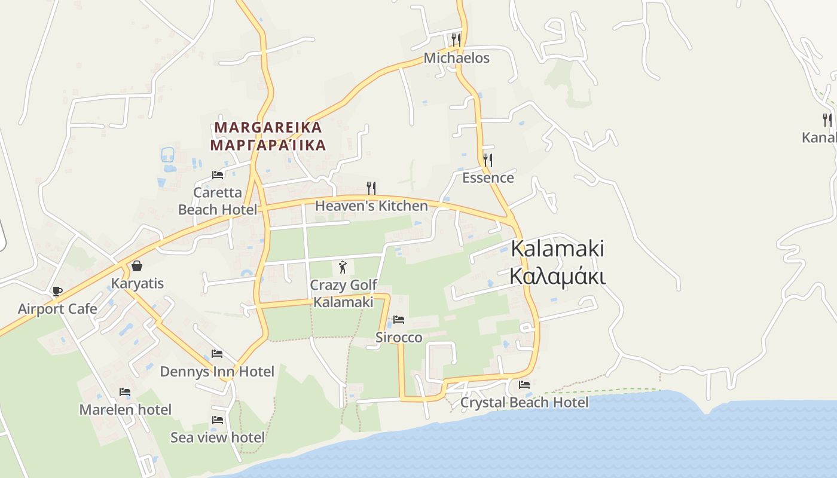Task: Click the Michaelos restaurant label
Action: (x=456, y=58)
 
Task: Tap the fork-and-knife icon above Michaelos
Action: (x=456, y=39)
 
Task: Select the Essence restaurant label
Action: (x=488, y=177)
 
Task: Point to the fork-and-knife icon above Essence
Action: (x=488, y=160)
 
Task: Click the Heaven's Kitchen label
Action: (x=371, y=206)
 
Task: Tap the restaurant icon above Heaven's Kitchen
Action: (x=371, y=188)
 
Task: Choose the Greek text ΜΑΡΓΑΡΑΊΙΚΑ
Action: (x=268, y=145)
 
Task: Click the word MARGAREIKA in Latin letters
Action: (x=268, y=127)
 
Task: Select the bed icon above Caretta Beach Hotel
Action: (x=218, y=175)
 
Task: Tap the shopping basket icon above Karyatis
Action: (x=137, y=266)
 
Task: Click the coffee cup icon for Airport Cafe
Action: (x=57, y=292)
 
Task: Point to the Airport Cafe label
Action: (x=57, y=309)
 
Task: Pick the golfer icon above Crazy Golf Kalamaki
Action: (x=343, y=267)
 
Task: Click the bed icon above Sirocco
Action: (x=399, y=320)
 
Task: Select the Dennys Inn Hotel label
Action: (x=217, y=372)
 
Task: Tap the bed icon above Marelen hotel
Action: (x=125, y=392)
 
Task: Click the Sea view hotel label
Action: (x=218, y=437)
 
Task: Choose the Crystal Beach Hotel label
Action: (x=524, y=403)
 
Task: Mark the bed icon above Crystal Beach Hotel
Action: (x=524, y=385)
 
